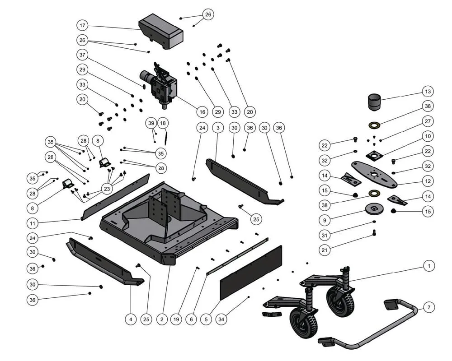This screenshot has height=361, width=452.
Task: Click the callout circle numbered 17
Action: click(x=82, y=25)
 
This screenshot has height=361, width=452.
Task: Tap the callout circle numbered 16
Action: click(x=202, y=112)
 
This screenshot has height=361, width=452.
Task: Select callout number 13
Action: click(x=428, y=92)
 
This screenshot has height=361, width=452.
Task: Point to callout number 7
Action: click(x=429, y=307)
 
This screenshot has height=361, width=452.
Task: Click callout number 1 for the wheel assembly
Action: click(x=429, y=266)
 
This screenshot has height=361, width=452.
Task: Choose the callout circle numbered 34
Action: click(x=221, y=319)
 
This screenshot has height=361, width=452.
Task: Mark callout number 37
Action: click(x=82, y=55)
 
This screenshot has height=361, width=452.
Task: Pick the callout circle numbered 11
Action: click(x=32, y=223)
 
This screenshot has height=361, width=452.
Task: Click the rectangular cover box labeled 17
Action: click(x=161, y=31)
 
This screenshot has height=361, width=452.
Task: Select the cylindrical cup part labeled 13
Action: click(x=374, y=102)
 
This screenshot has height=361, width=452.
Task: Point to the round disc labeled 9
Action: click(x=374, y=209)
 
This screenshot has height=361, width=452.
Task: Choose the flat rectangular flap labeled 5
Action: click(x=251, y=273)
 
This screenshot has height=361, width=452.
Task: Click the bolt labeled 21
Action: click(x=374, y=233)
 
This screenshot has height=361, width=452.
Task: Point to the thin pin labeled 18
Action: click(x=166, y=138)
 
